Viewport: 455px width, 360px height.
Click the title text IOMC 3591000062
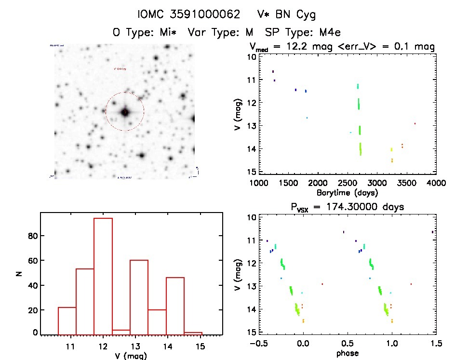[189, 15]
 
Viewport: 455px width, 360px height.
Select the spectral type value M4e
[328, 33]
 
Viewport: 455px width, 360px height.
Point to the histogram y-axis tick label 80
[32, 236]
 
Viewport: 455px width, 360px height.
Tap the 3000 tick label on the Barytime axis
[377, 183]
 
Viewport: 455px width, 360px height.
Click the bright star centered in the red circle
[125, 112]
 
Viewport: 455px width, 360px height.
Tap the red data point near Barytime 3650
[415, 123]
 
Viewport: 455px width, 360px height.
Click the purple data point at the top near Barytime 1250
[273, 71]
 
